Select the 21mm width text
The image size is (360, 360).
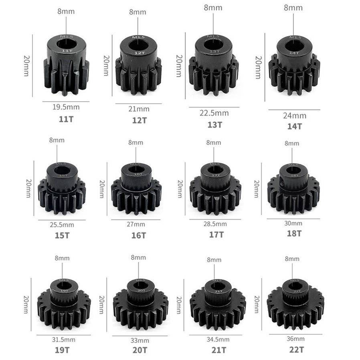[x=138, y=109]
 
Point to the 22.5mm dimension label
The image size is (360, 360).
[x=214, y=113]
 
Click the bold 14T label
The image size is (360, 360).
[x=294, y=126]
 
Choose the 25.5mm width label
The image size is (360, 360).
[x=62, y=225]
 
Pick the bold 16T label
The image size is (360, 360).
[x=138, y=235]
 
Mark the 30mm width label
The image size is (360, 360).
[x=294, y=223]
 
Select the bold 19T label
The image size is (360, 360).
[x=62, y=349]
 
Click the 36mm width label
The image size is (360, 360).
[x=295, y=339]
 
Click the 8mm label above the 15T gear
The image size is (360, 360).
[x=57, y=140]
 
